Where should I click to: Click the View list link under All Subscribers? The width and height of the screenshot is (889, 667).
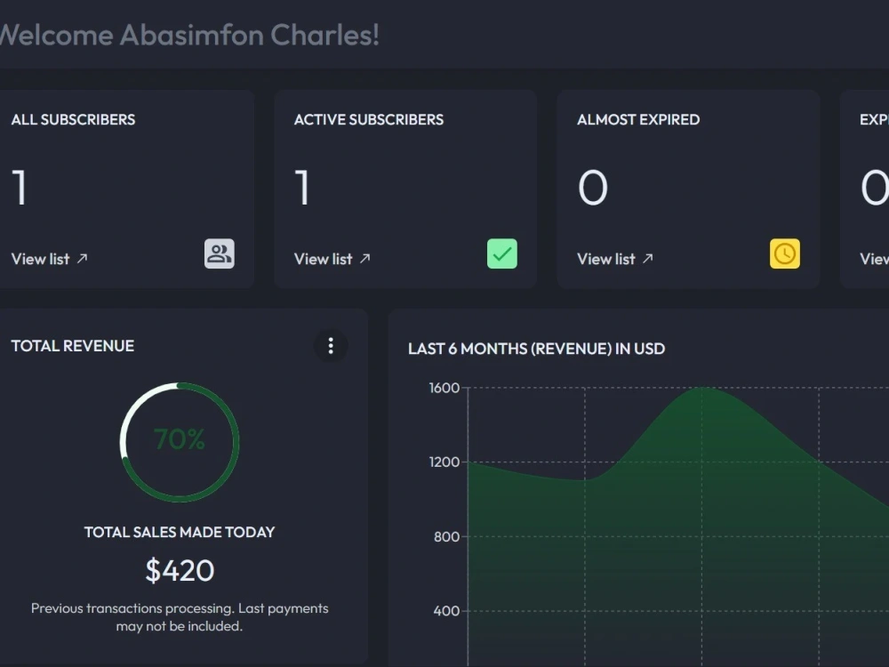pos(49,259)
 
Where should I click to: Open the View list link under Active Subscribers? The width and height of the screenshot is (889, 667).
pos(332,259)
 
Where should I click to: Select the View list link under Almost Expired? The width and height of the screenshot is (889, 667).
pos(615,259)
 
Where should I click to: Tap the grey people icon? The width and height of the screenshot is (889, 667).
pos(220,253)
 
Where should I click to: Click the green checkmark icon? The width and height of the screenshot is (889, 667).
pos(502,253)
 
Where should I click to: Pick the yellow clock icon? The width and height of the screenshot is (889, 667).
pos(785,253)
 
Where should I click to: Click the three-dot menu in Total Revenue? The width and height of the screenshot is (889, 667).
pos(331,346)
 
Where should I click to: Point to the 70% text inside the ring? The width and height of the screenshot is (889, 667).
pos(180,439)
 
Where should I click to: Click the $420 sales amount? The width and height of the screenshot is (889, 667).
pos(180,570)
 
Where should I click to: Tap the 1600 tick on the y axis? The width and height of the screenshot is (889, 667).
pos(444,388)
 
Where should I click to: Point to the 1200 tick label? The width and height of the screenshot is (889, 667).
pos(444,462)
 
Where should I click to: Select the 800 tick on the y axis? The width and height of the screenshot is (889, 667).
pos(447,536)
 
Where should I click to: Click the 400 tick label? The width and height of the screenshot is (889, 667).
pos(447,611)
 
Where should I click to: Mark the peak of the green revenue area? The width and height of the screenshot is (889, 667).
pos(702,388)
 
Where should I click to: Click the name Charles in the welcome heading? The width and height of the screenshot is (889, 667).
pos(324,36)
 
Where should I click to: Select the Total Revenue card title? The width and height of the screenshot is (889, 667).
pos(73,346)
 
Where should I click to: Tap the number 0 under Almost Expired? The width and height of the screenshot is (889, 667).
pos(593,188)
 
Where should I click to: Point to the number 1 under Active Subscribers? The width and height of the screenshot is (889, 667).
pos(302,188)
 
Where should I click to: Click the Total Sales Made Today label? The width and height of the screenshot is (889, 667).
pos(180,532)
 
